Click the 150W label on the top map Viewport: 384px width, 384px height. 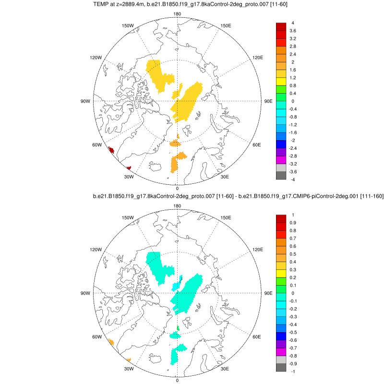click(127, 25)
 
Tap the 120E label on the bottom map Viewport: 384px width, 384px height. click(258, 250)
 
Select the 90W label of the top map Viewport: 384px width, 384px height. click(85, 101)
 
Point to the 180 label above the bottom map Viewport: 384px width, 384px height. click(177, 206)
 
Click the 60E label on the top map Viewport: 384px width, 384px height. click(257, 145)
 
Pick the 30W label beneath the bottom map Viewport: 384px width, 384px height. click(129, 369)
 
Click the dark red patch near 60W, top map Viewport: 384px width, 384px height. click(111, 151)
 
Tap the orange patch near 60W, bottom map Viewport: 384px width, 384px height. click(111, 342)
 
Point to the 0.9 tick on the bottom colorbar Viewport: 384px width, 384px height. click(293, 223)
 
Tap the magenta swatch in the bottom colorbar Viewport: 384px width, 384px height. click(281, 351)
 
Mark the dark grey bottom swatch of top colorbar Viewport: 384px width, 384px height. click(281, 175)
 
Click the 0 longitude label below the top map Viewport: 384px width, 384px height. click(177, 188)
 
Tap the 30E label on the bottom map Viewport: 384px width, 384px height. click(225, 369)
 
